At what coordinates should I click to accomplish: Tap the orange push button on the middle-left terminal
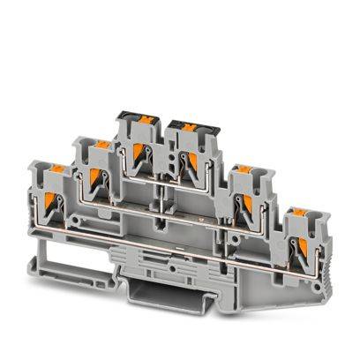[x=101, y=143]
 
